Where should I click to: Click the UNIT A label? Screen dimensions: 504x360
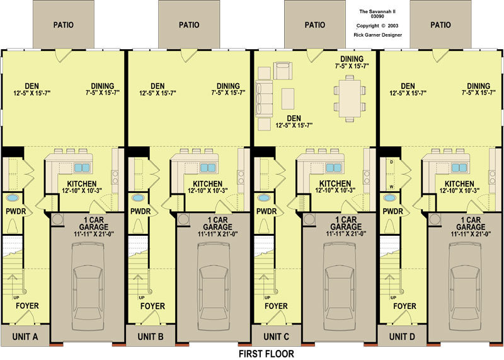25,337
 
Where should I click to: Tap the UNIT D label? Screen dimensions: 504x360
402,337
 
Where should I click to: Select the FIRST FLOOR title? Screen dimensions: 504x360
266,354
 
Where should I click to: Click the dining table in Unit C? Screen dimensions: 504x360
350,98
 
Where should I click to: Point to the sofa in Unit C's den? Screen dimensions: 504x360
263,99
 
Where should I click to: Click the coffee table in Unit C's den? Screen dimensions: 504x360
288,98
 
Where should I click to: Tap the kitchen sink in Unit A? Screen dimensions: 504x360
82,168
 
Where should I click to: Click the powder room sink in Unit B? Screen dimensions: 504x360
138,198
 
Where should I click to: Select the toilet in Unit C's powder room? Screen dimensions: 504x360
264,224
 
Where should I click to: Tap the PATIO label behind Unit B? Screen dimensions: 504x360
189,25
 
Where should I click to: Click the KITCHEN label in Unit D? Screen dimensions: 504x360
459,183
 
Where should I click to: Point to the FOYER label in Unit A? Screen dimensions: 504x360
27,306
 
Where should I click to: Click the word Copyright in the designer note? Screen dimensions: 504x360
368,26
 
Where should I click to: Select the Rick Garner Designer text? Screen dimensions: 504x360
377,35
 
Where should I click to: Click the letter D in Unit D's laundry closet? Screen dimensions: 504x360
391,162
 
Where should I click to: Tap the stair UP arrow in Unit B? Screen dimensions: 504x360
138,283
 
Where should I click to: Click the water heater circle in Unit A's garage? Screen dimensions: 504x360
57,219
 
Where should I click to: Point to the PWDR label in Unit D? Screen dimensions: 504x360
392,212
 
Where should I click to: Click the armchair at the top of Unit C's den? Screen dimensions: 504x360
282,71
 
